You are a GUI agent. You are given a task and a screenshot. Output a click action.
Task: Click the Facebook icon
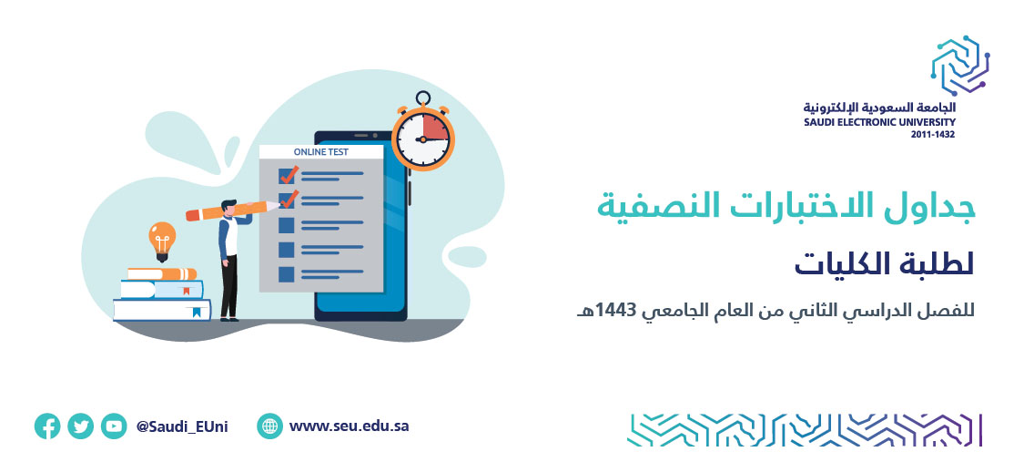47,426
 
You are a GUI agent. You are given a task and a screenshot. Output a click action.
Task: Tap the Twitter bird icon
81,426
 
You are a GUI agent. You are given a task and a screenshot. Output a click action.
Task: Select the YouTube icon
114,426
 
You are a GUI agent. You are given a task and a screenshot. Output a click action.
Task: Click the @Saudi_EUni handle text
182,426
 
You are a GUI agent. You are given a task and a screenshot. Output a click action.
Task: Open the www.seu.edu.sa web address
349,426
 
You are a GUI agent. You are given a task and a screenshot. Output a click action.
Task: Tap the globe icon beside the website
269,426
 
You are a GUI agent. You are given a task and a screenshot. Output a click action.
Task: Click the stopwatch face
423,139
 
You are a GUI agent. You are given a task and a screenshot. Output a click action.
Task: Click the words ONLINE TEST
320,152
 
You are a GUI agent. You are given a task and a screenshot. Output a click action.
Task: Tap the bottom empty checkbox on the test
286,274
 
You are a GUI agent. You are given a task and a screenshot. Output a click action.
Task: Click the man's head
229,208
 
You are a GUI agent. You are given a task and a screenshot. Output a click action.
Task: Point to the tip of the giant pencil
279,204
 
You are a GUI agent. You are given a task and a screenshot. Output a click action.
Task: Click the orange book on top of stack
162,273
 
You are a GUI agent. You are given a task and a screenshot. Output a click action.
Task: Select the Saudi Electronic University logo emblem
960,66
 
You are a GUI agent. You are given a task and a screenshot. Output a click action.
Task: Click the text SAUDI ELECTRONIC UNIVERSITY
879,122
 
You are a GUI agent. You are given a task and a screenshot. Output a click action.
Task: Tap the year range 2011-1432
933,135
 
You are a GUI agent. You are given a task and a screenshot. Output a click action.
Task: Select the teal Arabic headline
786,206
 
